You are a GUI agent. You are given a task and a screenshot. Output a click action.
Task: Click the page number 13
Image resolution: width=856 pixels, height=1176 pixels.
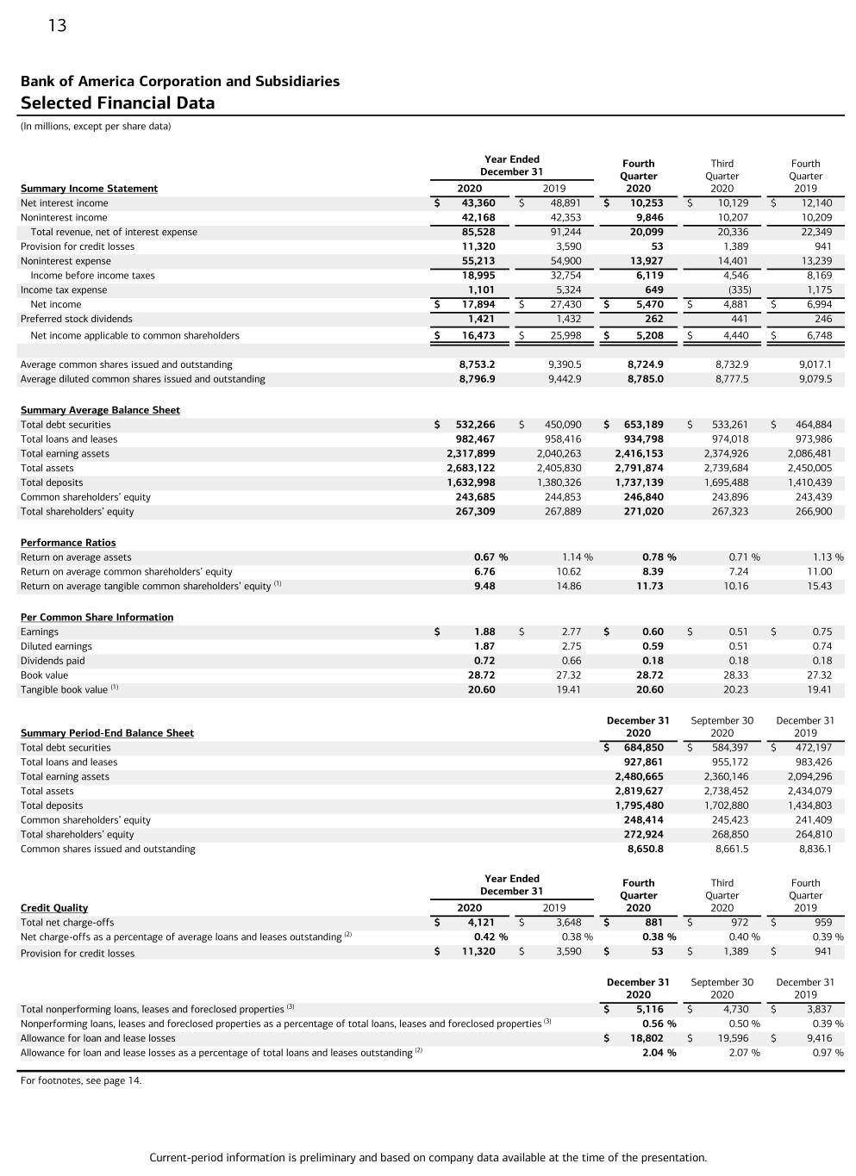tap(57, 26)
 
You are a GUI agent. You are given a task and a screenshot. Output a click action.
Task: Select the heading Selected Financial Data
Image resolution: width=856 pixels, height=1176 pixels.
tap(117, 103)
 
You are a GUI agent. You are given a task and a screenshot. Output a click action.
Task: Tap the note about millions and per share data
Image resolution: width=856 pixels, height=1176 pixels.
tap(96, 127)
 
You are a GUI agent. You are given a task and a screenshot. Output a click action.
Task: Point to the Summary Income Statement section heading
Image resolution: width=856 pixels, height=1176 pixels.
tap(89, 189)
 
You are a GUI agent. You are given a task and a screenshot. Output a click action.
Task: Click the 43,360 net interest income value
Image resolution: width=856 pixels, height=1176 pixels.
tap(478, 203)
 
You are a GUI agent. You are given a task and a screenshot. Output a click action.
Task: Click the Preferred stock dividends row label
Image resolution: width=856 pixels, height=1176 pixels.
tap(76, 319)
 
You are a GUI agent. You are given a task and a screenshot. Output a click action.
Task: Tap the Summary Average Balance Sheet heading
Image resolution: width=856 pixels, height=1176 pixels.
tap(100, 410)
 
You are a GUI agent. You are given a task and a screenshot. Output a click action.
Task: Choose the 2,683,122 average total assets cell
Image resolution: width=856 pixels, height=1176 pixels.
tap(471, 468)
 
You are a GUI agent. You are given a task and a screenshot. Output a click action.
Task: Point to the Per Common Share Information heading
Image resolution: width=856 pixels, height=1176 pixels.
tap(97, 618)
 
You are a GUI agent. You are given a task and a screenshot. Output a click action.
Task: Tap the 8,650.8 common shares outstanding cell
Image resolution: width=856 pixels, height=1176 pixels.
tap(645, 849)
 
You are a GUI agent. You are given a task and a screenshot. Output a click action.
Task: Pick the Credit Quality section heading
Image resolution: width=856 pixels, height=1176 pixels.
tap(54, 908)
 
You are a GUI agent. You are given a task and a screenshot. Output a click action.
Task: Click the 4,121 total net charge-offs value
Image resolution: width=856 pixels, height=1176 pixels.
tap(481, 922)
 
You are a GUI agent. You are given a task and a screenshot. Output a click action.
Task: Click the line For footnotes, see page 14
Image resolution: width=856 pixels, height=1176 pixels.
tap(81, 1080)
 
